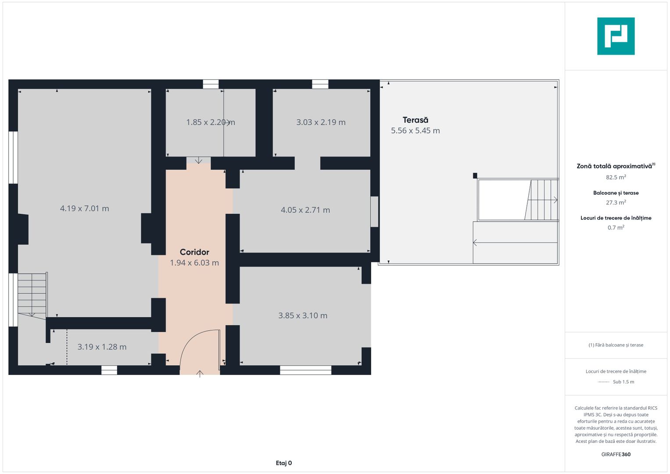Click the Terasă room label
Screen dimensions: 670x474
(x=415, y=120)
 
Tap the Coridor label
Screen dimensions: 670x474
(x=194, y=252)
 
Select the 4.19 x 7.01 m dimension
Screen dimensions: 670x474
(x=84, y=208)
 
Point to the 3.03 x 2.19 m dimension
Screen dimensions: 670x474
(x=321, y=122)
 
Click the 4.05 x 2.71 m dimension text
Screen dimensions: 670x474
(x=305, y=210)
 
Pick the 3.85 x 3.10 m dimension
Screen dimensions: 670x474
(x=303, y=316)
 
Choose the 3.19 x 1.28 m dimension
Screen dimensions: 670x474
(x=102, y=347)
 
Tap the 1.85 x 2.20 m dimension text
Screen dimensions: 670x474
(x=211, y=122)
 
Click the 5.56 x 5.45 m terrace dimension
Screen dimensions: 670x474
(x=416, y=130)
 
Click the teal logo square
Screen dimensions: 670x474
(x=616, y=36)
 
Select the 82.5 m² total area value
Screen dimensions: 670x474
(x=616, y=177)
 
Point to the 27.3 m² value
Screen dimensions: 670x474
(x=616, y=202)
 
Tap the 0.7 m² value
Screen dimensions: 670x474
(x=616, y=227)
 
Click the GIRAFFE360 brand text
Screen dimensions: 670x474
(x=616, y=454)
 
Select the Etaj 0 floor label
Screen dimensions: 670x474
(x=283, y=463)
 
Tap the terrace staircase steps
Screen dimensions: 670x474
(x=541, y=200)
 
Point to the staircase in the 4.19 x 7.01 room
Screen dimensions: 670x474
(x=32, y=294)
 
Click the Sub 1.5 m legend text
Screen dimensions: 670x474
(x=623, y=381)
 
